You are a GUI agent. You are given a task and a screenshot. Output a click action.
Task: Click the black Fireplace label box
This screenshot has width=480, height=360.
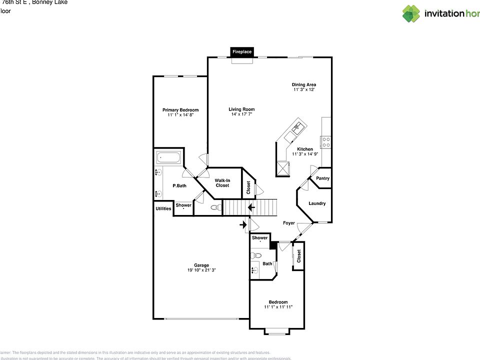[x=242, y=51]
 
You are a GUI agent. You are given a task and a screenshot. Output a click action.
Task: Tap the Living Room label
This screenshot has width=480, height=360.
[x=241, y=109]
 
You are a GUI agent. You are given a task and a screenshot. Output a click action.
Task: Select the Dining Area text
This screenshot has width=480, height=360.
[x=304, y=84]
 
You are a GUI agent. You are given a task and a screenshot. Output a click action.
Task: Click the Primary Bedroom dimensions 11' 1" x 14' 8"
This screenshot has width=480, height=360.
[x=180, y=115]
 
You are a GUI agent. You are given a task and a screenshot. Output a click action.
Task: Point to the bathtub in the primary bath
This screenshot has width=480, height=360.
[x=169, y=158]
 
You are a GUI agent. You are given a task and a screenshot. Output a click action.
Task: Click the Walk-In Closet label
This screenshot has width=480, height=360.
[x=222, y=182]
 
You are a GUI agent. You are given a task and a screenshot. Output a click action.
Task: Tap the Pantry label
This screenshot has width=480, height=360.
[x=322, y=178]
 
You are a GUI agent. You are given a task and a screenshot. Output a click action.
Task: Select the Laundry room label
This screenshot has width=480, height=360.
[x=317, y=203]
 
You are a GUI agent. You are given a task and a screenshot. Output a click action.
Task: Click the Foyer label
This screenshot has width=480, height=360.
[x=289, y=223]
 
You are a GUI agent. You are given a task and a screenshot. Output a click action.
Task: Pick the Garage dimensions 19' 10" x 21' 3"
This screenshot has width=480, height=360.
[x=201, y=270]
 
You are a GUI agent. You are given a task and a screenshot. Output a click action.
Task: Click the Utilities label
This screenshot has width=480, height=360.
[x=163, y=208]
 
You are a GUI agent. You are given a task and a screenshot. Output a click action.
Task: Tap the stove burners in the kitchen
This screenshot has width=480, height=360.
[x=326, y=142]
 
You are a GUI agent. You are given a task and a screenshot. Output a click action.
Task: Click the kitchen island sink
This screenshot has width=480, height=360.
[x=295, y=128]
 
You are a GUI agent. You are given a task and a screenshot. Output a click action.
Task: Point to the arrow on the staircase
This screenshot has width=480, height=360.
[x=251, y=207]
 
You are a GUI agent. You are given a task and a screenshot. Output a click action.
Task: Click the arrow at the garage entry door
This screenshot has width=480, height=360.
[x=243, y=225]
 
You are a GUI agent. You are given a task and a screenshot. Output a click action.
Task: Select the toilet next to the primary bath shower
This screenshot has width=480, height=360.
[x=215, y=207]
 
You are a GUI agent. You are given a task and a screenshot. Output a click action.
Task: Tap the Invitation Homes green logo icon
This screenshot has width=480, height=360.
[x=411, y=13]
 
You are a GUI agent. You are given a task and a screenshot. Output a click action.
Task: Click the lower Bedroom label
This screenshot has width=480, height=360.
[x=278, y=302]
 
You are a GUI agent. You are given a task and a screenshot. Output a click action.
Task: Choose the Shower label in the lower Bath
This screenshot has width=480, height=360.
[x=259, y=238]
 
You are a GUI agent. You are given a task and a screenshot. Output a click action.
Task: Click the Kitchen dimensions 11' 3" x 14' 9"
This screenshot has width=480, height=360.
[x=305, y=154]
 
